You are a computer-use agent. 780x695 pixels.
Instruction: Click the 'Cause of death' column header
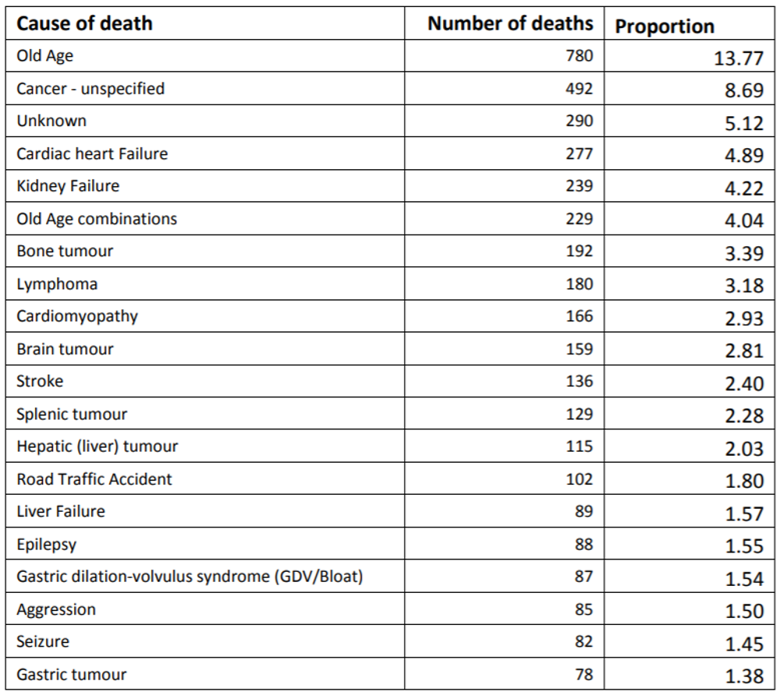click(84, 23)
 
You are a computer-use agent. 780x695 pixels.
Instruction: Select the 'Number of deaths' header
click(510, 23)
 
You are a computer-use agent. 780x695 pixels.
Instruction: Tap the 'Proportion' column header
click(665, 26)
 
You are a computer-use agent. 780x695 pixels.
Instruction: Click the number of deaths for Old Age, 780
click(579, 56)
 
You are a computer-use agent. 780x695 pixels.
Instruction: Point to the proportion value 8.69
click(743, 90)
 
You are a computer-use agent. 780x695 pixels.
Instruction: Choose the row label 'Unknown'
click(51, 121)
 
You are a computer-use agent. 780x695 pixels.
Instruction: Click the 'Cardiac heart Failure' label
click(92, 153)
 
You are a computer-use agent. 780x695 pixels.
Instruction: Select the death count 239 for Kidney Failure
click(579, 186)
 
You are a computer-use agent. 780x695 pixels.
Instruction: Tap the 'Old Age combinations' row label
click(97, 219)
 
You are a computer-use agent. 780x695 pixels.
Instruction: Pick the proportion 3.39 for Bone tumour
click(743, 253)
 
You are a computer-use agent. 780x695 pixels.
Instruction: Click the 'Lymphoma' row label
click(57, 284)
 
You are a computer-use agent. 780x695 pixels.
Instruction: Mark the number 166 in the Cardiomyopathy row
click(579, 316)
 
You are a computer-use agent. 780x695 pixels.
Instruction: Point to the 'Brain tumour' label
click(65, 349)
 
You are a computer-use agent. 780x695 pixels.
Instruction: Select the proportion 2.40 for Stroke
click(743, 383)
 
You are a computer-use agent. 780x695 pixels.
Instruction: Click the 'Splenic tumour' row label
click(72, 414)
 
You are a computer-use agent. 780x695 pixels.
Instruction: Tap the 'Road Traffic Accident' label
click(94, 479)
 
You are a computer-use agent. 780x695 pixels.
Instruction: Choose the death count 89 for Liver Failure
click(583, 511)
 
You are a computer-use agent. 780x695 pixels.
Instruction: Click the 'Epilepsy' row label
click(47, 545)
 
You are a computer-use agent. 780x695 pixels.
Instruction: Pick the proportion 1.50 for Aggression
click(743, 612)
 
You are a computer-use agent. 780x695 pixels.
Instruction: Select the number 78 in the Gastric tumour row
click(583, 674)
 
